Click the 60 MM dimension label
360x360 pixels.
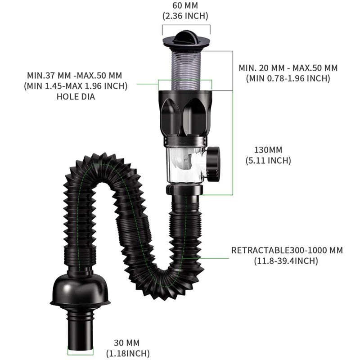pyautogui.click(x=185, y=6)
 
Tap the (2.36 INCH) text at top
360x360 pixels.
pyautogui.click(x=185, y=16)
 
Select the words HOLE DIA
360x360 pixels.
pyautogui.click(x=76, y=96)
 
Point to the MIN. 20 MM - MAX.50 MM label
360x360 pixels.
pyautogui.click(x=288, y=68)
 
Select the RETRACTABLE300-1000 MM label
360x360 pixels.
pyautogui.click(x=287, y=250)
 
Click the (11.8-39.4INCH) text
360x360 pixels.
pyautogui.click(x=287, y=261)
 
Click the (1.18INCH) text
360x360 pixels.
pyautogui.click(x=128, y=353)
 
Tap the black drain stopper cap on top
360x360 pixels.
pyautogui.click(x=185, y=36)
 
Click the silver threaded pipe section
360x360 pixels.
pyautogui.click(x=185, y=67)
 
